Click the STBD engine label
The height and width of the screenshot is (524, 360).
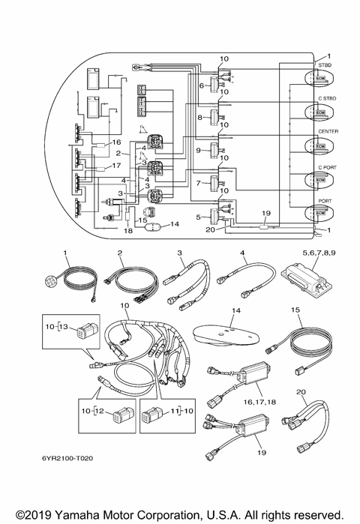click(x=325, y=65)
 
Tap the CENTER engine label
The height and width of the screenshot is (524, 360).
click(x=328, y=132)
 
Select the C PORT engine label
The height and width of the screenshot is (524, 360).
click(x=327, y=167)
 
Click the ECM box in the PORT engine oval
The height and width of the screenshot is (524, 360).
click(x=320, y=213)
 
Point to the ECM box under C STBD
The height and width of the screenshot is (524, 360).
click(x=320, y=112)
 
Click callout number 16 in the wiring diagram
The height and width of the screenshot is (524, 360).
click(x=116, y=142)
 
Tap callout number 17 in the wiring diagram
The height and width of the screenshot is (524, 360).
click(x=116, y=166)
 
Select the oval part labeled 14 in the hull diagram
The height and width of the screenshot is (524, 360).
click(x=153, y=227)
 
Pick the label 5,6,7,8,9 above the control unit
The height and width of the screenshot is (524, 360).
click(x=319, y=253)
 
